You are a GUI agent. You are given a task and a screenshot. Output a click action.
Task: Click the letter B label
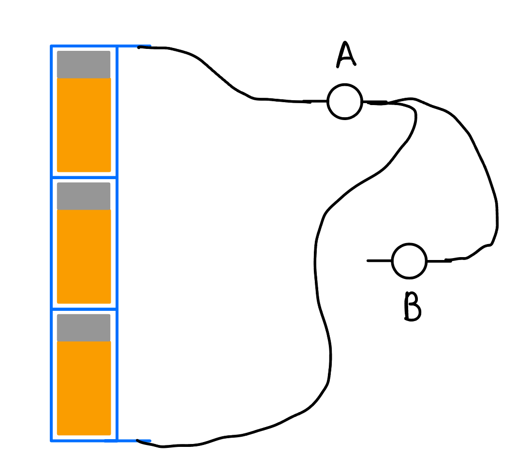pos(412,307)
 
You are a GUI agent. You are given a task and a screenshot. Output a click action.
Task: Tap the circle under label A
pos(344,102)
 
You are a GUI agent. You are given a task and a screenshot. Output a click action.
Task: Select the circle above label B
pos(409,261)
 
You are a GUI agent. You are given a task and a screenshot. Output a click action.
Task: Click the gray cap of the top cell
pos(84,64)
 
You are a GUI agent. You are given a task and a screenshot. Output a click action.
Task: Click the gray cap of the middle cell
pos(84,196)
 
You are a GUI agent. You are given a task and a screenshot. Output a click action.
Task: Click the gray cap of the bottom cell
pos(84,328)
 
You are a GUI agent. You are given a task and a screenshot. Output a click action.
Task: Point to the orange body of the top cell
pos(84,125)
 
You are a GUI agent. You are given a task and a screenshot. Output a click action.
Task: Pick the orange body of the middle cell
pos(84,257)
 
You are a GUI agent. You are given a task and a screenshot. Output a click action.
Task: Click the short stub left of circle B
pos(380,261)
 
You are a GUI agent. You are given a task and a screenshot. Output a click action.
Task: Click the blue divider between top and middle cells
pos(84,178)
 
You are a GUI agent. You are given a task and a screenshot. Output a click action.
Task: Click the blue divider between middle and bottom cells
pos(84,309)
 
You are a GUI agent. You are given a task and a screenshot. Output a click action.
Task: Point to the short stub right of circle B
pos(438,261)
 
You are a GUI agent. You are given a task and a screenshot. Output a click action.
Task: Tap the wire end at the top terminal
pos(140,47)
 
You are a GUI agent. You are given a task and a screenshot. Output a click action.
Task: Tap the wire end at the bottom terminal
pos(139,441)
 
